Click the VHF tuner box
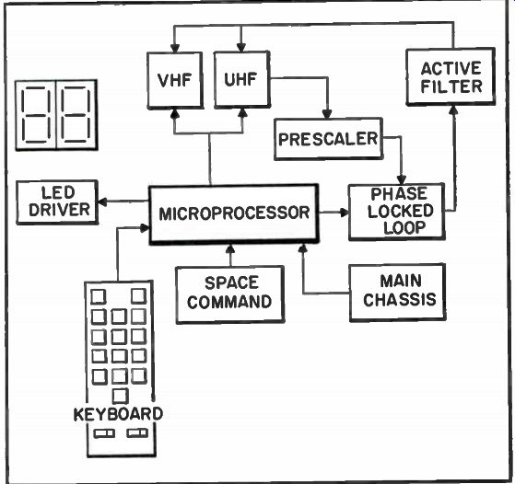click(x=175, y=80)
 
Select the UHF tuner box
click(x=242, y=79)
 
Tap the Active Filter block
click(x=451, y=77)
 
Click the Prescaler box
click(x=329, y=139)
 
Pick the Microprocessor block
click(x=234, y=214)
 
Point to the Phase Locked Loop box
click(x=397, y=212)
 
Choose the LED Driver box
click(x=57, y=202)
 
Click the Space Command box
click(x=230, y=294)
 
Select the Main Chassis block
click(x=397, y=292)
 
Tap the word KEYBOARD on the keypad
click(x=118, y=414)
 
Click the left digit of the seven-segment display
click(x=36, y=115)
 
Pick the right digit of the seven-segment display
click(x=76, y=115)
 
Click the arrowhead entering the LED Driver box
click(x=103, y=202)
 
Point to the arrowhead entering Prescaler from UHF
click(x=326, y=114)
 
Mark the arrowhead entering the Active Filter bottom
click(x=454, y=109)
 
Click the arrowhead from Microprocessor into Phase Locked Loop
click(x=345, y=213)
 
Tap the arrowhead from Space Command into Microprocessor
click(x=230, y=248)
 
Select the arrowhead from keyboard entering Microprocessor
click(x=145, y=227)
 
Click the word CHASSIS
click(x=400, y=300)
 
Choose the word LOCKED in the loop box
click(x=401, y=211)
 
